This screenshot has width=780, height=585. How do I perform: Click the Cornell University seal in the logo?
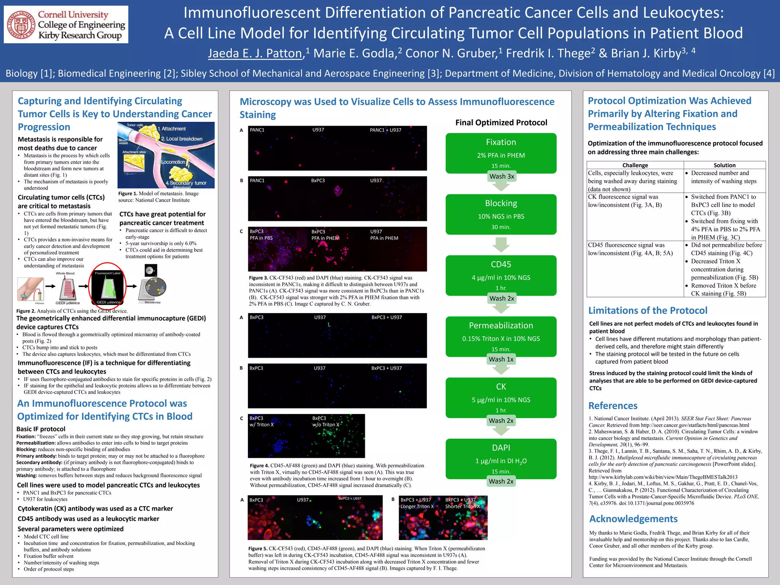(x=21, y=25)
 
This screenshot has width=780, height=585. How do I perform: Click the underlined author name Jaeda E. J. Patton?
(x=255, y=53)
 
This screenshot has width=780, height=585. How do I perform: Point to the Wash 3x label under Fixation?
(x=502, y=176)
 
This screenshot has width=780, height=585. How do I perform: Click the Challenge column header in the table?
(x=635, y=165)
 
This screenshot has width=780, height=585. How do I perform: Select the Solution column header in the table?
(x=724, y=165)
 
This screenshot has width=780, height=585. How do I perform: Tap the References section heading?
(x=613, y=406)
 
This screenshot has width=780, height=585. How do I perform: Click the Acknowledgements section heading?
(x=633, y=519)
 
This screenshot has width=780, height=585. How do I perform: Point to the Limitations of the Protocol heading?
(x=647, y=310)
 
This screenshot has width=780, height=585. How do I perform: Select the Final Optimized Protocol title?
(x=501, y=123)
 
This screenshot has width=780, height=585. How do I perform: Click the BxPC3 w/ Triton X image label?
(x=261, y=422)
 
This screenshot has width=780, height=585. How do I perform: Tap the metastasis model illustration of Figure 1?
(x=166, y=155)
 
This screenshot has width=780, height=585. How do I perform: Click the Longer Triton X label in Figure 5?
(x=417, y=507)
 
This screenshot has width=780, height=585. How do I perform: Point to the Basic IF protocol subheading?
(x=41, y=429)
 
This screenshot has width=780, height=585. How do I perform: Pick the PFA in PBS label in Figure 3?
(x=261, y=238)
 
